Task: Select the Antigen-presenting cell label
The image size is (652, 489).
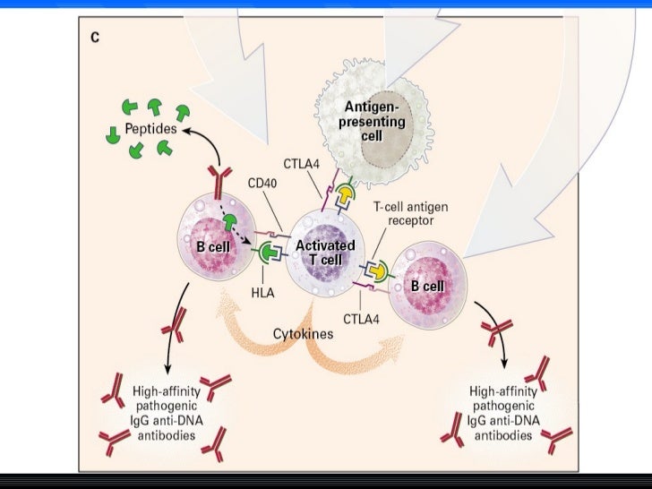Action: [x=374, y=121]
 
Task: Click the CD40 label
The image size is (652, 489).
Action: [x=262, y=183]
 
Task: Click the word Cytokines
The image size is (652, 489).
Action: [x=303, y=333]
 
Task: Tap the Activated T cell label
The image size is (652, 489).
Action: [x=325, y=252]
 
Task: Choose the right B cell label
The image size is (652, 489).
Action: [x=428, y=285]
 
